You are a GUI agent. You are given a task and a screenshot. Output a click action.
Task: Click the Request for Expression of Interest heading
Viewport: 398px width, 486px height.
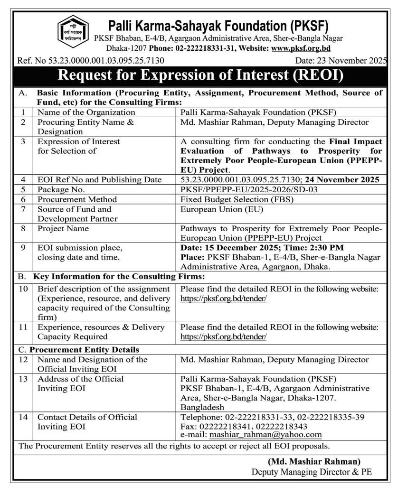point(199,75)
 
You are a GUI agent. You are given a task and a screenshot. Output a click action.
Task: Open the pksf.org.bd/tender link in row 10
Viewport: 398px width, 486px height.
point(223,299)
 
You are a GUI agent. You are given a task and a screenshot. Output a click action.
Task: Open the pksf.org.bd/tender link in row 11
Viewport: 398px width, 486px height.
point(223,336)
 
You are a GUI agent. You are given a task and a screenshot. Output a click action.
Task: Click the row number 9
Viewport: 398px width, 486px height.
point(22,248)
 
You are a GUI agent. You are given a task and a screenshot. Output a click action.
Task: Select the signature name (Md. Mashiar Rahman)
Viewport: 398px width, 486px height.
point(314,461)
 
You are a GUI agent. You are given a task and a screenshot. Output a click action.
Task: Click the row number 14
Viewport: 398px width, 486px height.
point(22,417)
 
